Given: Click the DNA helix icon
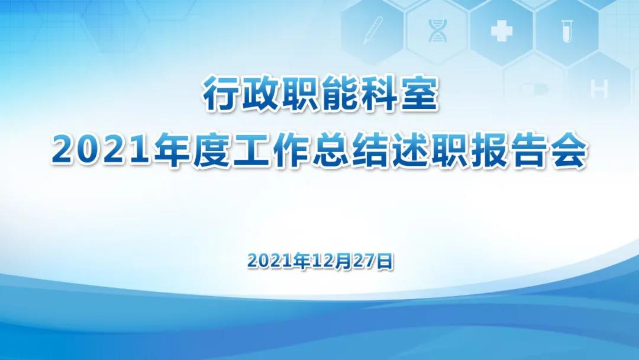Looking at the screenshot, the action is coord(437,31).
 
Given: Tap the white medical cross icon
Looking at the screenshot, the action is coord(501,31).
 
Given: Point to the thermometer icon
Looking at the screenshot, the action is coord(373,30).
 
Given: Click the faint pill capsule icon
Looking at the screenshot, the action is coord(534,89).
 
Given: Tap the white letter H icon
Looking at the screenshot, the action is coord(599,88).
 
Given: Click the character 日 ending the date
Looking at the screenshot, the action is coord(385,261).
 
